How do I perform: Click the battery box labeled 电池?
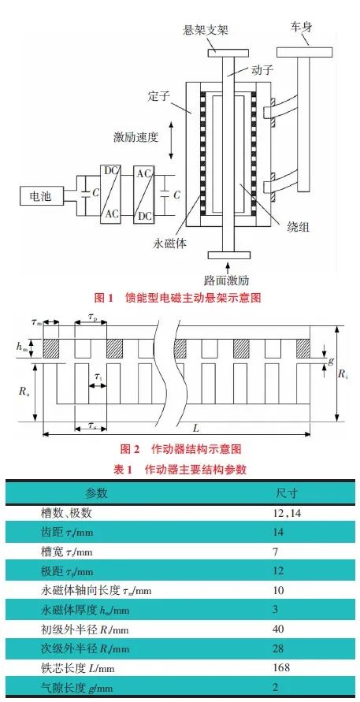[x=43, y=196]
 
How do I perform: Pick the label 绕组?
[x=297, y=227]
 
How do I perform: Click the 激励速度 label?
[x=135, y=137]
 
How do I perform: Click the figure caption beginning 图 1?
[x=177, y=297]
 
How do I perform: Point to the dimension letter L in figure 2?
[x=195, y=428]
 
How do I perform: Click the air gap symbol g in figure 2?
[x=331, y=359]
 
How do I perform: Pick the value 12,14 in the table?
[x=287, y=513]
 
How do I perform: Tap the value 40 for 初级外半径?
[x=278, y=630]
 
